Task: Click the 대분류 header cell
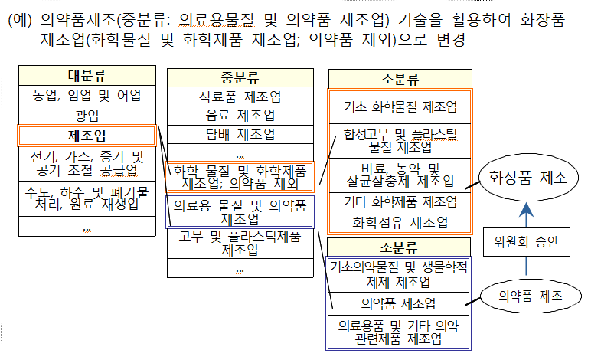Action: [x=87, y=76]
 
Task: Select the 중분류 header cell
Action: [x=240, y=77]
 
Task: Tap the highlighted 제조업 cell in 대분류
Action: [x=87, y=136]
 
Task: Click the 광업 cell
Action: [x=87, y=116]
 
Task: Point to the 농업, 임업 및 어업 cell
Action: [x=87, y=96]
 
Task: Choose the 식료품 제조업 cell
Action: [x=240, y=97]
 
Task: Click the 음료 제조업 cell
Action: [x=240, y=115]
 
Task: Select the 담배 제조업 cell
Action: [x=240, y=134]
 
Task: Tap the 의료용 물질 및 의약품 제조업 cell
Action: [x=240, y=212]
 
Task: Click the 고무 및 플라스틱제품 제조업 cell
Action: [x=240, y=244]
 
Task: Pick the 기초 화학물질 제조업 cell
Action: [x=400, y=107]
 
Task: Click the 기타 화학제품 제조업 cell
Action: [x=400, y=201]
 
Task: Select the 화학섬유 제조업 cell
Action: [x=400, y=222]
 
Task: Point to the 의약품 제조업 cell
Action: [x=398, y=303]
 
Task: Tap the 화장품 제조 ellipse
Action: [x=527, y=178]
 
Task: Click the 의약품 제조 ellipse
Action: [x=531, y=296]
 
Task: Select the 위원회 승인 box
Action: [x=526, y=242]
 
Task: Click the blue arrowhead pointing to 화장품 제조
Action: [x=526, y=210]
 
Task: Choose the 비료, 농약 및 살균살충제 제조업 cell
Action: [x=400, y=175]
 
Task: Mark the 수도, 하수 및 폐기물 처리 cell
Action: [x=87, y=198]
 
